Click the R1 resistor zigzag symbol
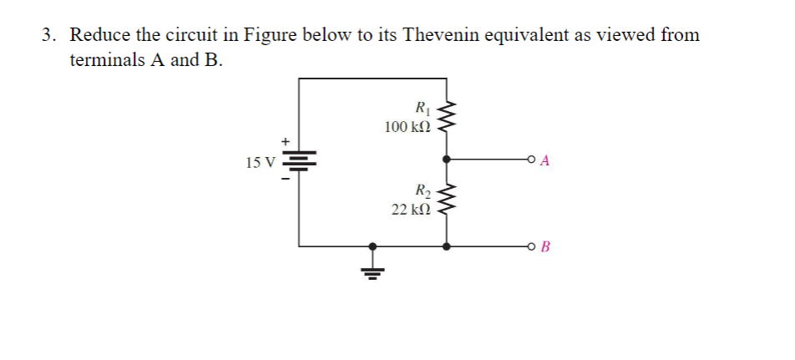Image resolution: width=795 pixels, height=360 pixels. coord(448,117)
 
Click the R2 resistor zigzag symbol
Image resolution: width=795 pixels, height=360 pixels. coord(448,200)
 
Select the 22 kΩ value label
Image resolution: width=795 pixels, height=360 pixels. coord(411,209)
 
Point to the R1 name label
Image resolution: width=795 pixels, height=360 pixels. coord(421,107)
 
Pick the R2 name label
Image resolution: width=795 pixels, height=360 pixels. coord(421,190)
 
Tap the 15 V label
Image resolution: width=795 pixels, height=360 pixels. coord(261,162)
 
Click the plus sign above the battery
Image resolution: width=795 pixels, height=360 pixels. coord(286,141)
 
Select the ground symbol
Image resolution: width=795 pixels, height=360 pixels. coord(373,271)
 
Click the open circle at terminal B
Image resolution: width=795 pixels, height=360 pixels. coord(531,246)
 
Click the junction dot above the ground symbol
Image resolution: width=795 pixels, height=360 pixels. coord(373,246)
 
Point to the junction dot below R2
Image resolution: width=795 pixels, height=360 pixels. coord(448,246)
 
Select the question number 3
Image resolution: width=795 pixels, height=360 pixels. coord(49,36)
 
